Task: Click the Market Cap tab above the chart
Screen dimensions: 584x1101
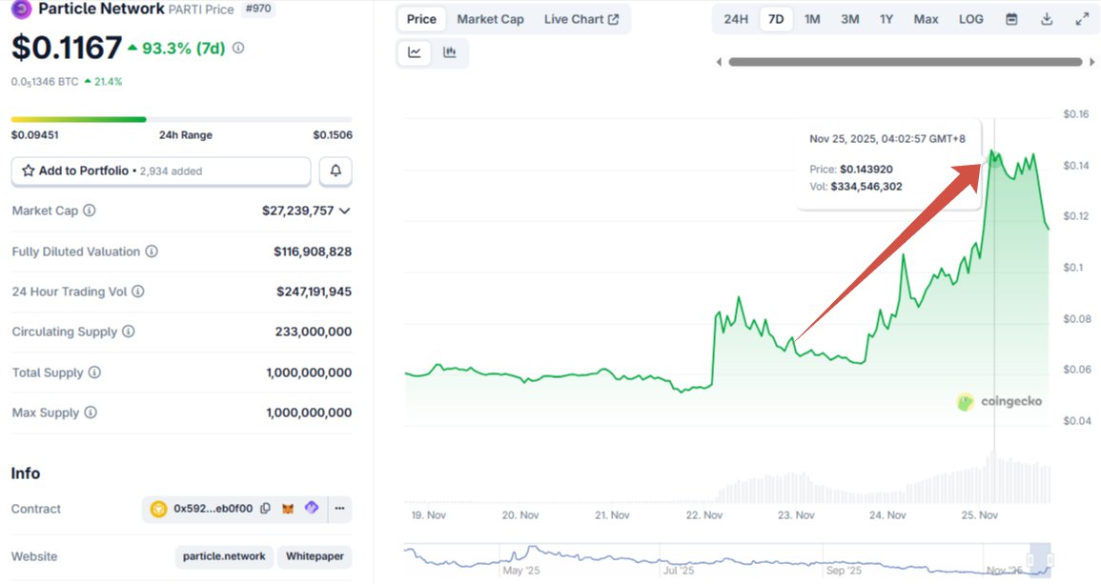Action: point(490,19)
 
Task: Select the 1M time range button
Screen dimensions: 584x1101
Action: point(812,19)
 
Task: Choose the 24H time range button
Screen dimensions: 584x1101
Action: point(736,19)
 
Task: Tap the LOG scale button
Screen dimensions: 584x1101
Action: point(970,19)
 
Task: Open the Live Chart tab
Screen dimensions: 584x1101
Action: point(581,19)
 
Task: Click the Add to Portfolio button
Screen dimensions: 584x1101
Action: point(161,171)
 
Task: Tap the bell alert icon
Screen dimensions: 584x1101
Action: point(336,171)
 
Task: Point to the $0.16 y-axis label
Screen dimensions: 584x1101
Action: point(1075,114)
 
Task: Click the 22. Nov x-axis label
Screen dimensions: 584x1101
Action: point(704,514)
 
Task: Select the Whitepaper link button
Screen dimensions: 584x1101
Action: point(316,556)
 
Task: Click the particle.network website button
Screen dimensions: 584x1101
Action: point(225,556)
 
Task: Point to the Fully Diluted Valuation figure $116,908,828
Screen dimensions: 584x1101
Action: point(313,252)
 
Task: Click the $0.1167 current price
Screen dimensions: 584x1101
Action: point(67,48)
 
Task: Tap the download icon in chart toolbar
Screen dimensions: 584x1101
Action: point(1047,19)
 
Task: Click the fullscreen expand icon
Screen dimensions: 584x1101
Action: point(1082,19)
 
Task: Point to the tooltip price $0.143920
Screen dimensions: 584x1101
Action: point(866,169)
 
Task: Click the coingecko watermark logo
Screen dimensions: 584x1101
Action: point(999,401)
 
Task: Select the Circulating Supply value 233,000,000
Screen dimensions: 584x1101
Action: point(313,332)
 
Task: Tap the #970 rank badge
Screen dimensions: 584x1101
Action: point(256,9)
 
